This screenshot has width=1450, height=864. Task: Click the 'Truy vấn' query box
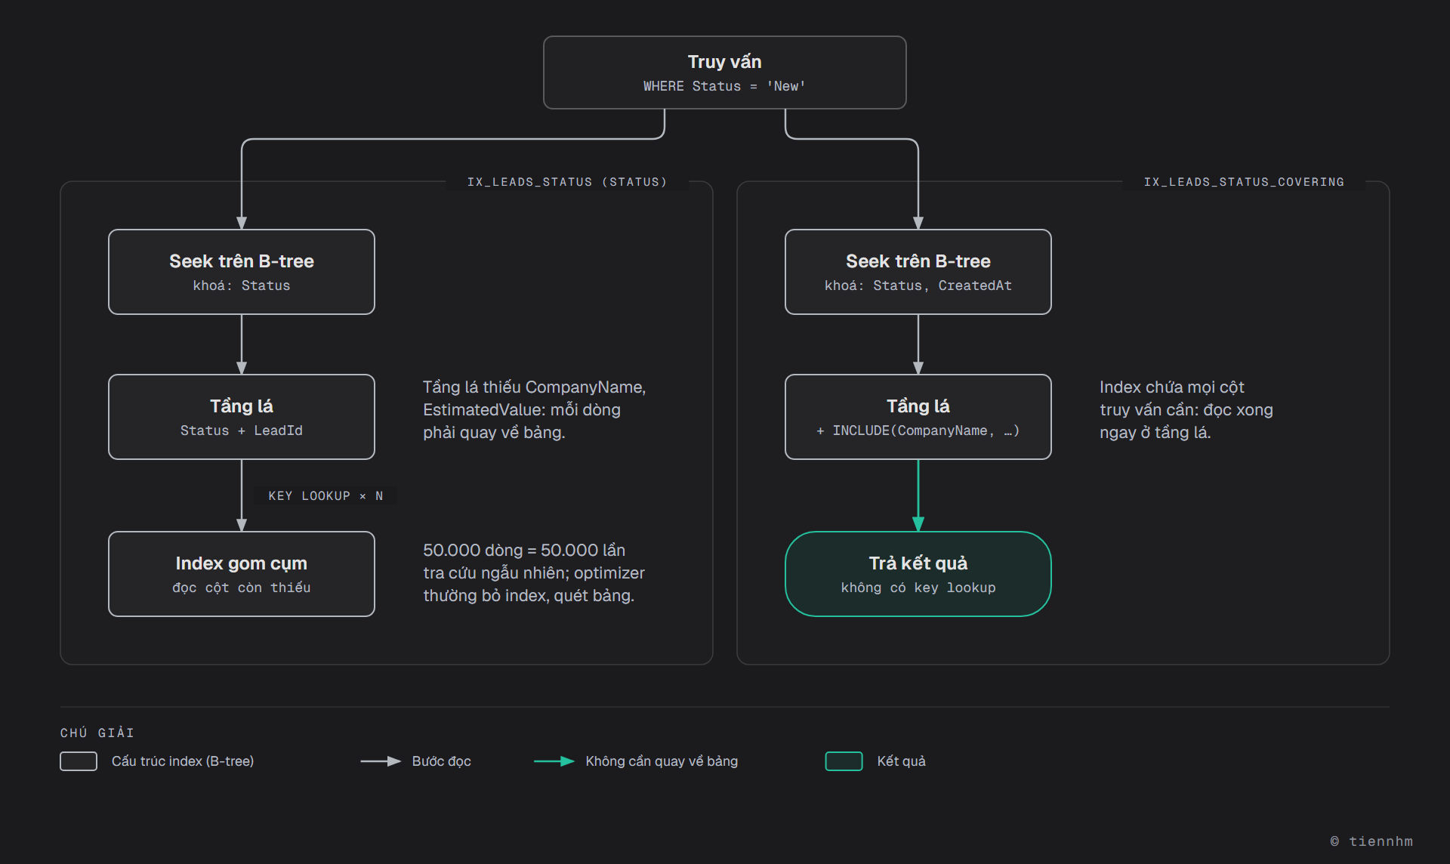(724, 73)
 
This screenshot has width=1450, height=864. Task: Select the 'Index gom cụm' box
(242, 574)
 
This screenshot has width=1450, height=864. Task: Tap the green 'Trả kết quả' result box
(918, 574)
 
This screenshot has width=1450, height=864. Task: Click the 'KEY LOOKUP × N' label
(325, 496)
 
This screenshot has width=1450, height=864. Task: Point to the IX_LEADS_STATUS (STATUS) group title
(567, 182)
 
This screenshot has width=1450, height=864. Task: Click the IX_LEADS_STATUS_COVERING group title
(1244, 182)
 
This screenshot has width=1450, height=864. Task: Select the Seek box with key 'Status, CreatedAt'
(918, 272)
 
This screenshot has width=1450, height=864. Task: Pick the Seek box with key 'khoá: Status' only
(242, 272)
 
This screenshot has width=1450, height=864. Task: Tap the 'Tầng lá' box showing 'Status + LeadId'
(242, 417)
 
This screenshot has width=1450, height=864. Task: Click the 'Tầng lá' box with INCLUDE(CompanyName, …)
(918, 417)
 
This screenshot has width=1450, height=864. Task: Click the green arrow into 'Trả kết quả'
(918, 495)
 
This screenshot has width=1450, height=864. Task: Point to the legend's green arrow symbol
(554, 761)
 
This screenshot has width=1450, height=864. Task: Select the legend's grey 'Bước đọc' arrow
(381, 761)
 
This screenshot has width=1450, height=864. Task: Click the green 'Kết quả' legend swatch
(844, 761)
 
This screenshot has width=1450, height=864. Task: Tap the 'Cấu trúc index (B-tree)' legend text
(183, 761)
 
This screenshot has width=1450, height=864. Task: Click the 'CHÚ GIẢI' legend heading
(97, 733)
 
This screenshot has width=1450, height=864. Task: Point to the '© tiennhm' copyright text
(1371, 841)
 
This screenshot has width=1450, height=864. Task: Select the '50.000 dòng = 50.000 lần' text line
(524, 550)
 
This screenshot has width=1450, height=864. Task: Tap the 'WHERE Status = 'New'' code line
(724, 86)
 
